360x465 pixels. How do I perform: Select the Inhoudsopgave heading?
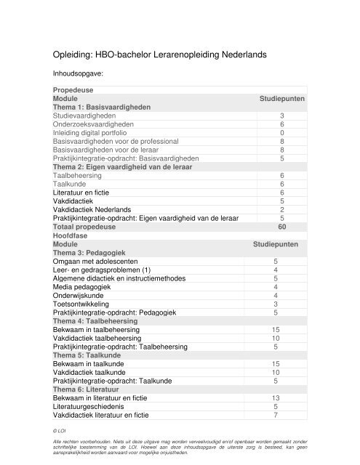[x=78, y=73]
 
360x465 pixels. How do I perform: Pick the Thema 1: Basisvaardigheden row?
[x=102, y=107]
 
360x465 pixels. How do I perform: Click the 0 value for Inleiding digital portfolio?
[x=281, y=133]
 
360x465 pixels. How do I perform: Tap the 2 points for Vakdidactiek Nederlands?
[x=281, y=210]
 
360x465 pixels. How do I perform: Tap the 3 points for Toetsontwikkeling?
[x=275, y=304]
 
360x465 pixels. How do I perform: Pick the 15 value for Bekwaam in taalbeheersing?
[x=275, y=331]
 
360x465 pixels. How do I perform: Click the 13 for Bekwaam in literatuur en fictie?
[x=275, y=399]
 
